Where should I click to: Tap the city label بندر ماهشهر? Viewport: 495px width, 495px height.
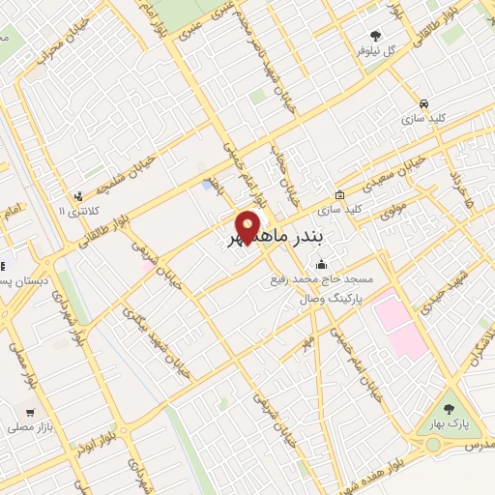pyautogui.click(x=285, y=237)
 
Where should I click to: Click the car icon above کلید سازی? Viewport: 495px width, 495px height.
pyautogui.click(x=423, y=102)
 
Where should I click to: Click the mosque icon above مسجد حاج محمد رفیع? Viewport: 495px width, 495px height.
pyautogui.click(x=321, y=265)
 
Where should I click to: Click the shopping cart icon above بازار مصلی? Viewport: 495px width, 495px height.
pyautogui.click(x=30, y=412)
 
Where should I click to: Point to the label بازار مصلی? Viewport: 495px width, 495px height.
pyautogui.click(x=29, y=426)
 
